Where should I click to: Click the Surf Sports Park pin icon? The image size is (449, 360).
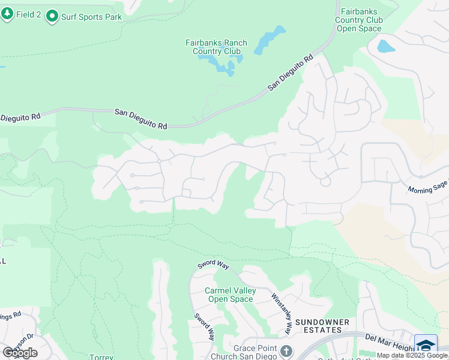(52, 16)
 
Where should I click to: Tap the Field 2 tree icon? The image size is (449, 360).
(7, 14)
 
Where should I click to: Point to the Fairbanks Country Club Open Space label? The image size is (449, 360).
(358, 20)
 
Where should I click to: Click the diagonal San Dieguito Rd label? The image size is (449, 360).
(291, 73)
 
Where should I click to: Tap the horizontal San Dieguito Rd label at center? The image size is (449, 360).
(140, 119)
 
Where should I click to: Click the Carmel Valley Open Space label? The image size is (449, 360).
(231, 295)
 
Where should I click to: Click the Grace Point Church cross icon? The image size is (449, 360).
(286, 350)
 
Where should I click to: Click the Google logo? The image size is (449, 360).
(20, 353)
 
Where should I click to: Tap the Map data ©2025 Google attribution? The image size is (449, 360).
(412, 355)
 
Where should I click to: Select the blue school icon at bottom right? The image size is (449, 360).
(426, 345)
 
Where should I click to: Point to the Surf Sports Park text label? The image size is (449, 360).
(92, 17)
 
